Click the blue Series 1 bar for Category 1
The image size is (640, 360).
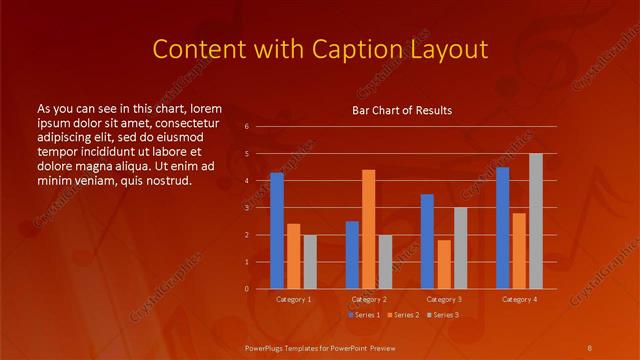pyautogui.click(x=277, y=231)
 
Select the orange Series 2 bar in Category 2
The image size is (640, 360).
pyautogui.click(x=368, y=229)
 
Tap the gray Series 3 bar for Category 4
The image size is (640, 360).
pyautogui.click(x=535, y=221)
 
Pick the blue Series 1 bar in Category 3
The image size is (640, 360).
pyautogui.click(x=427, y=241)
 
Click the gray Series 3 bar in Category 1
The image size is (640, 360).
pyautogui.click(x=309, y=261)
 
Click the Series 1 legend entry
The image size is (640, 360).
pyautogui.click(x=365, y=315)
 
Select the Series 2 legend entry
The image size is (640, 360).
pyautogui.click(x=403, y=315)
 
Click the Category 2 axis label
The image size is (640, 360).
pyautogui.click(x=369, y=299)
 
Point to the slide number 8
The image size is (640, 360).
pyautogui.click(x=590, y=347)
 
